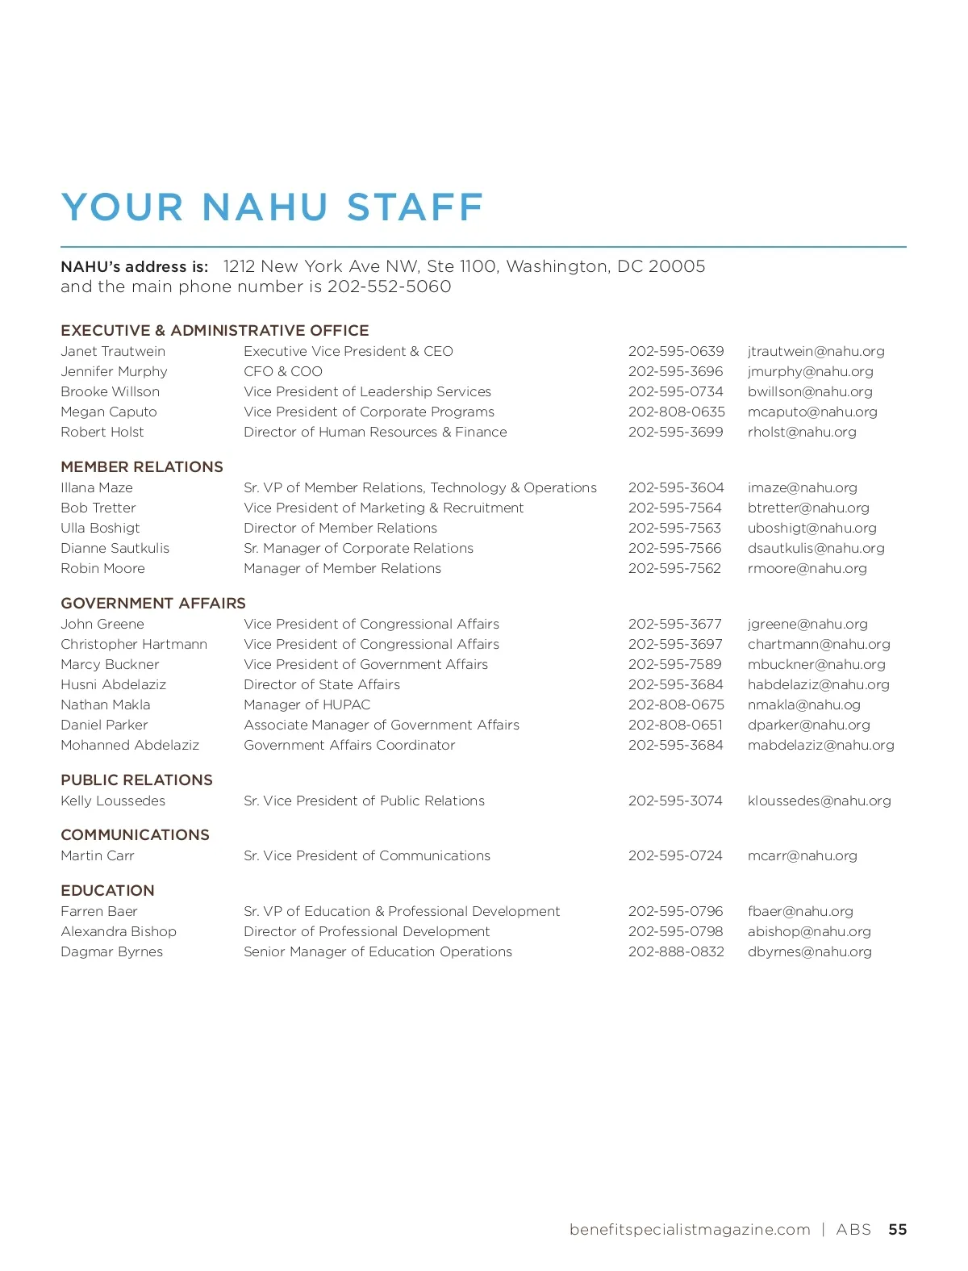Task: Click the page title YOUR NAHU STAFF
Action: (x=272, y=207)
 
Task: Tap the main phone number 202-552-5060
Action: (x=389, y=287)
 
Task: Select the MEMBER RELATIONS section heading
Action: (x=142, y=467)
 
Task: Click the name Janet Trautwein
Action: (x=113, y=352)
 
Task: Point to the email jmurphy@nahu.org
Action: (x=810, y=372)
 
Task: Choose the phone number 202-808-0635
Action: (x=676, y=412)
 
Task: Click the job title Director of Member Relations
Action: (x=340, y=529)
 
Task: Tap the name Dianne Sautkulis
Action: (x=115, y=549)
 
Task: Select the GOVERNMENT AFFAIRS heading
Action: (x=153, y=604)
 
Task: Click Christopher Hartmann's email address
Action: (x=819, y=645)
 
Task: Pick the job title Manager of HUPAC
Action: (x=307, y=705)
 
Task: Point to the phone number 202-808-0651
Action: (x=675, y=725)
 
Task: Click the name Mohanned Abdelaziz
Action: (x=130, y=746)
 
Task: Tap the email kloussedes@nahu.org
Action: (x=819, y=801)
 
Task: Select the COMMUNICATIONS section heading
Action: (x=135, y=835)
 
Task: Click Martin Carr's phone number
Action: (x=675, y=856)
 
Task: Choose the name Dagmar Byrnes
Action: (x=111, y=952)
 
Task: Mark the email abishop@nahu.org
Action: (x=809, y=932)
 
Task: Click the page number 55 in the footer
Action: (x=897, y=1230)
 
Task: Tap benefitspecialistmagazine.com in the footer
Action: (x=690, y=1230)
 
